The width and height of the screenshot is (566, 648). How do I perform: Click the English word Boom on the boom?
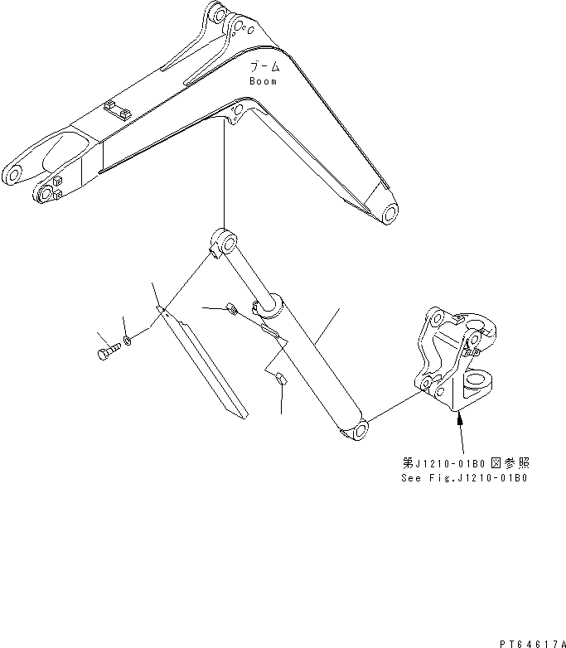(x=263, y=81)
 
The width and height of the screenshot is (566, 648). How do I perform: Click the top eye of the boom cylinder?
(x=220, y=241)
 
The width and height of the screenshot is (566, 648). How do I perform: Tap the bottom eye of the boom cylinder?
(x=356, y=429)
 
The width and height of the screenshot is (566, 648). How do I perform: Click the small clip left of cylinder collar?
(x=231, y=311)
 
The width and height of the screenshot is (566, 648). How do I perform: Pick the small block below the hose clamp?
(x=279, y=380)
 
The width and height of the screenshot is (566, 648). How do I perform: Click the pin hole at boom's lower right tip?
(x=388, y=215)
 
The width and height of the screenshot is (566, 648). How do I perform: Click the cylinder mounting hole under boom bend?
(x=238, y=111)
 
